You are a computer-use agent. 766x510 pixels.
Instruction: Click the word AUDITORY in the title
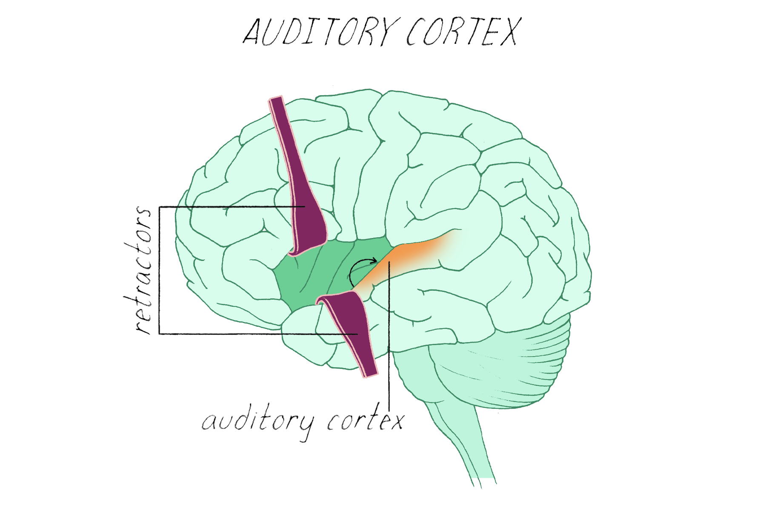(317, 32)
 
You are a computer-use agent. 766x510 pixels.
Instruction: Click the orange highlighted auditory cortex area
(409, 255)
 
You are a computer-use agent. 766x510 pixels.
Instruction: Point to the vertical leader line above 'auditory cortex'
(389, 340)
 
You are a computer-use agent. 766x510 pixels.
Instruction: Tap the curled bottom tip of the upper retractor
(298, 252)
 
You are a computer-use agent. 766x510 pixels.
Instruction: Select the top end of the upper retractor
(277, 100)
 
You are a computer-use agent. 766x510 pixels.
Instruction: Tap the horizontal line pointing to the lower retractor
(255, 334)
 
